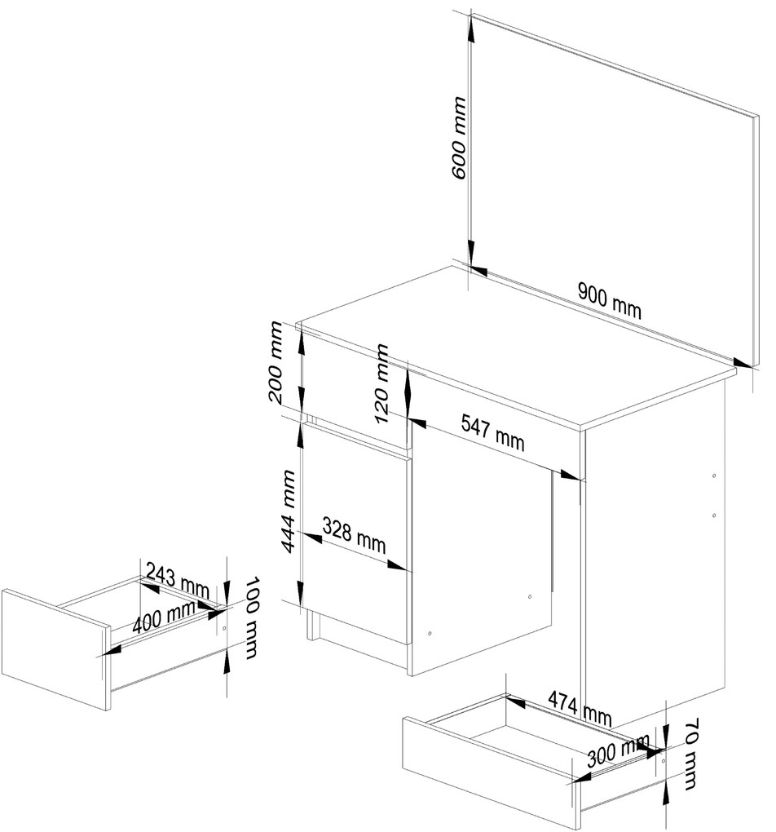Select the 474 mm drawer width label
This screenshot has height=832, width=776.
click(580, 707)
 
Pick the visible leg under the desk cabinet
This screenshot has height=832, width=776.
click(311, 626)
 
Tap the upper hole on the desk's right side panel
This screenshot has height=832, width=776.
click(714, 476)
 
